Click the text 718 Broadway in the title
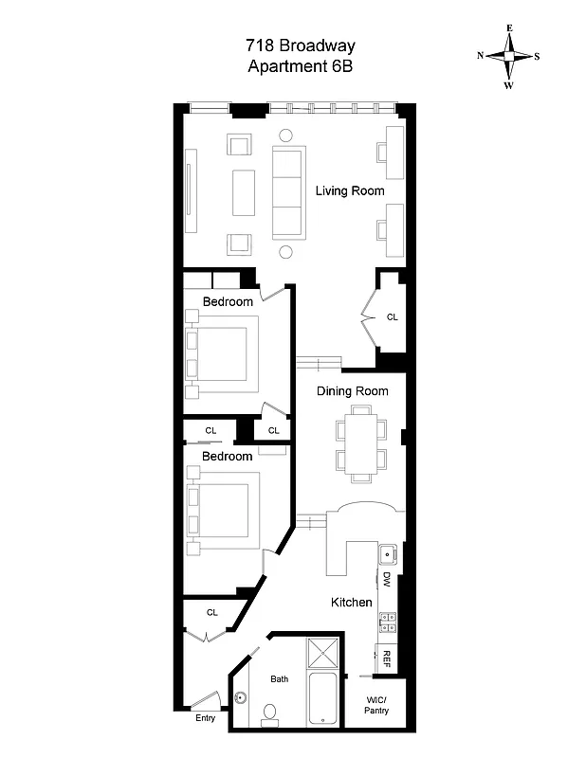(x=293, y=45)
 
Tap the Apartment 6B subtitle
(x=293, y=65)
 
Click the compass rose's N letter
(x=482, y=56)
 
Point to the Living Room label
(x=350, y=190)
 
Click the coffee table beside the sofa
(x=244, y=193)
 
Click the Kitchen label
(x=351, y=603)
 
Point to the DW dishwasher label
(x=387, y=578)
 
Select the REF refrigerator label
(x=387, y=658)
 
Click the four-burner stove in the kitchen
(x=387, y=622)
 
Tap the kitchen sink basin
(x=387, y=554)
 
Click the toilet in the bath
(x=269, y=713)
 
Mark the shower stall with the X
(x=324, y=656)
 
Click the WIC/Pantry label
(x=376, y=705)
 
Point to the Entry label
(x=206, y=718)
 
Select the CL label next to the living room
(x=392, y=317)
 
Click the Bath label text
(x=279, y=679)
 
